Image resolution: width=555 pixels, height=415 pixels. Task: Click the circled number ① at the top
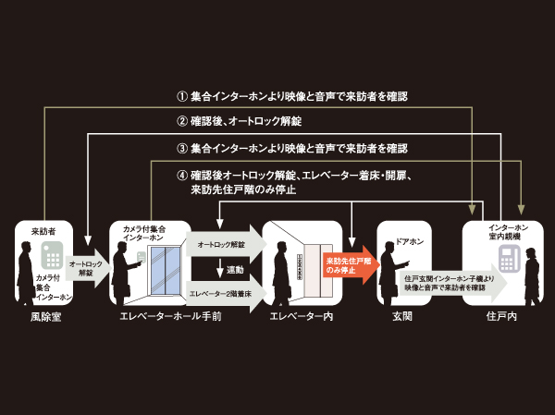[x=182, y=95]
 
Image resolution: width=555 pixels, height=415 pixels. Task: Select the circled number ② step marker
[x=182, y=121]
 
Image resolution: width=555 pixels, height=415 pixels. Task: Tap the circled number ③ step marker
[x=182, y=148]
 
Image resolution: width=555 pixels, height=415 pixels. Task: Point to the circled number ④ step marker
[x=182, y=174]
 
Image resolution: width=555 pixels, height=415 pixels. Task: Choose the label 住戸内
[x=503, y=317]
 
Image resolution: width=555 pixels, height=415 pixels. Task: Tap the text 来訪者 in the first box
[x=43, y=231]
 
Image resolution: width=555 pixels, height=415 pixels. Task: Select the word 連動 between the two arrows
[x=235, y=270]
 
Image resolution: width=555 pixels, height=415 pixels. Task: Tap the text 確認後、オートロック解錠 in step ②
[x=246, y=121]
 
